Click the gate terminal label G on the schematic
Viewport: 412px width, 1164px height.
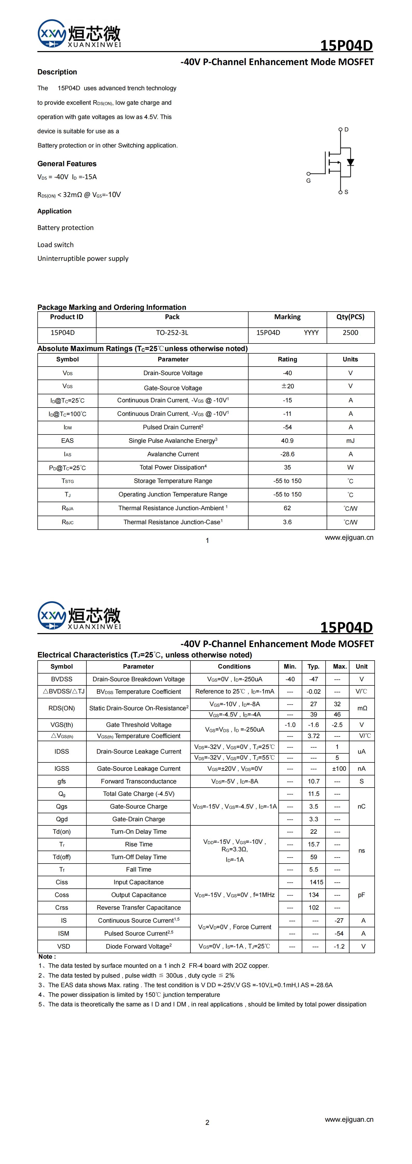pos(308,181)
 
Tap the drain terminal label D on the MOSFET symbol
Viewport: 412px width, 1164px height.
pos(346,130)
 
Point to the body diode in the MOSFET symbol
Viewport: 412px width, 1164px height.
pos(350,162)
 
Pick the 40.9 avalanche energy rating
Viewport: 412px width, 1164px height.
pos(287,440)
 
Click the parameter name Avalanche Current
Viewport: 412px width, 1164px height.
pos(173,454)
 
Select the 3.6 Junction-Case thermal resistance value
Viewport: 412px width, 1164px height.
pos(287,522)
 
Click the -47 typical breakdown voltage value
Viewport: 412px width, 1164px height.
pos(313,679)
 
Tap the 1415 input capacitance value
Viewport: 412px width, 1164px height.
pos(316,882)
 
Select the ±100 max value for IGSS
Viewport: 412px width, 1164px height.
pos(339,769)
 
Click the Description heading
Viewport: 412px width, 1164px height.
pos(57,72)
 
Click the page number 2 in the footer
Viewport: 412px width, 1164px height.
pos(207,1123)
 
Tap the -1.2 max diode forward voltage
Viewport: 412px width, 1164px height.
pos(339,946)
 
